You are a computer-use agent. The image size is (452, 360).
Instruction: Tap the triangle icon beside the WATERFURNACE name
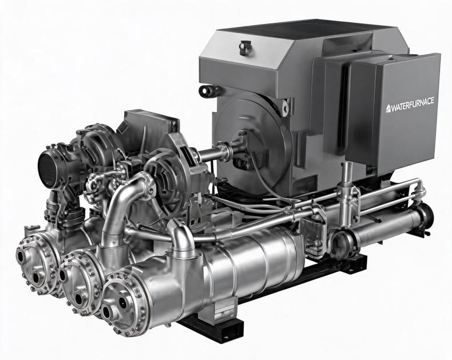(389, 108)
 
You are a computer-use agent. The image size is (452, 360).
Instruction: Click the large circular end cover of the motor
(251, 144)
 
